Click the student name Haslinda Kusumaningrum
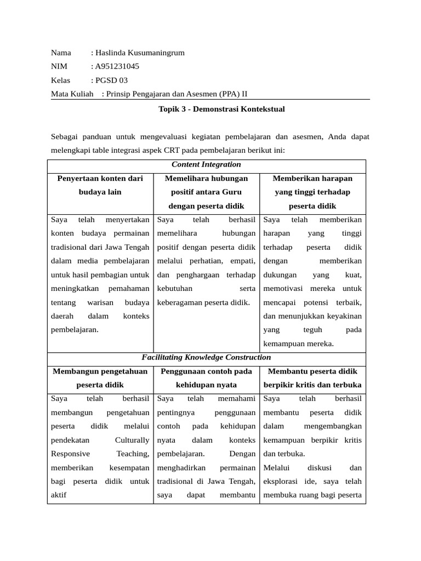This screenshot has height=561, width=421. tap(140, 53)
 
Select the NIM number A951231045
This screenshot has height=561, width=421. tap(117, 67)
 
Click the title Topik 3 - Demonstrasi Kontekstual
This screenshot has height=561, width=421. tap(221, 109)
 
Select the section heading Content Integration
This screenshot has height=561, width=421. tap(206, 164)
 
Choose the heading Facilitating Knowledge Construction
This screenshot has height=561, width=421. tap(206, 357)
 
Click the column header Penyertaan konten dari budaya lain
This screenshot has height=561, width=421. tap(100, 185)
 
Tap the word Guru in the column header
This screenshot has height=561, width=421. tap(232, 192)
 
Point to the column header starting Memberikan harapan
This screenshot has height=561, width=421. tap(312, 179)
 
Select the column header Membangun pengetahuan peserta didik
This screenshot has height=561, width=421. tap(100, 378)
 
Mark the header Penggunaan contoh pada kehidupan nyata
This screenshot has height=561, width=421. tap(206, 378)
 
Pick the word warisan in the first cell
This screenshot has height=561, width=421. tap(98, 302)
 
